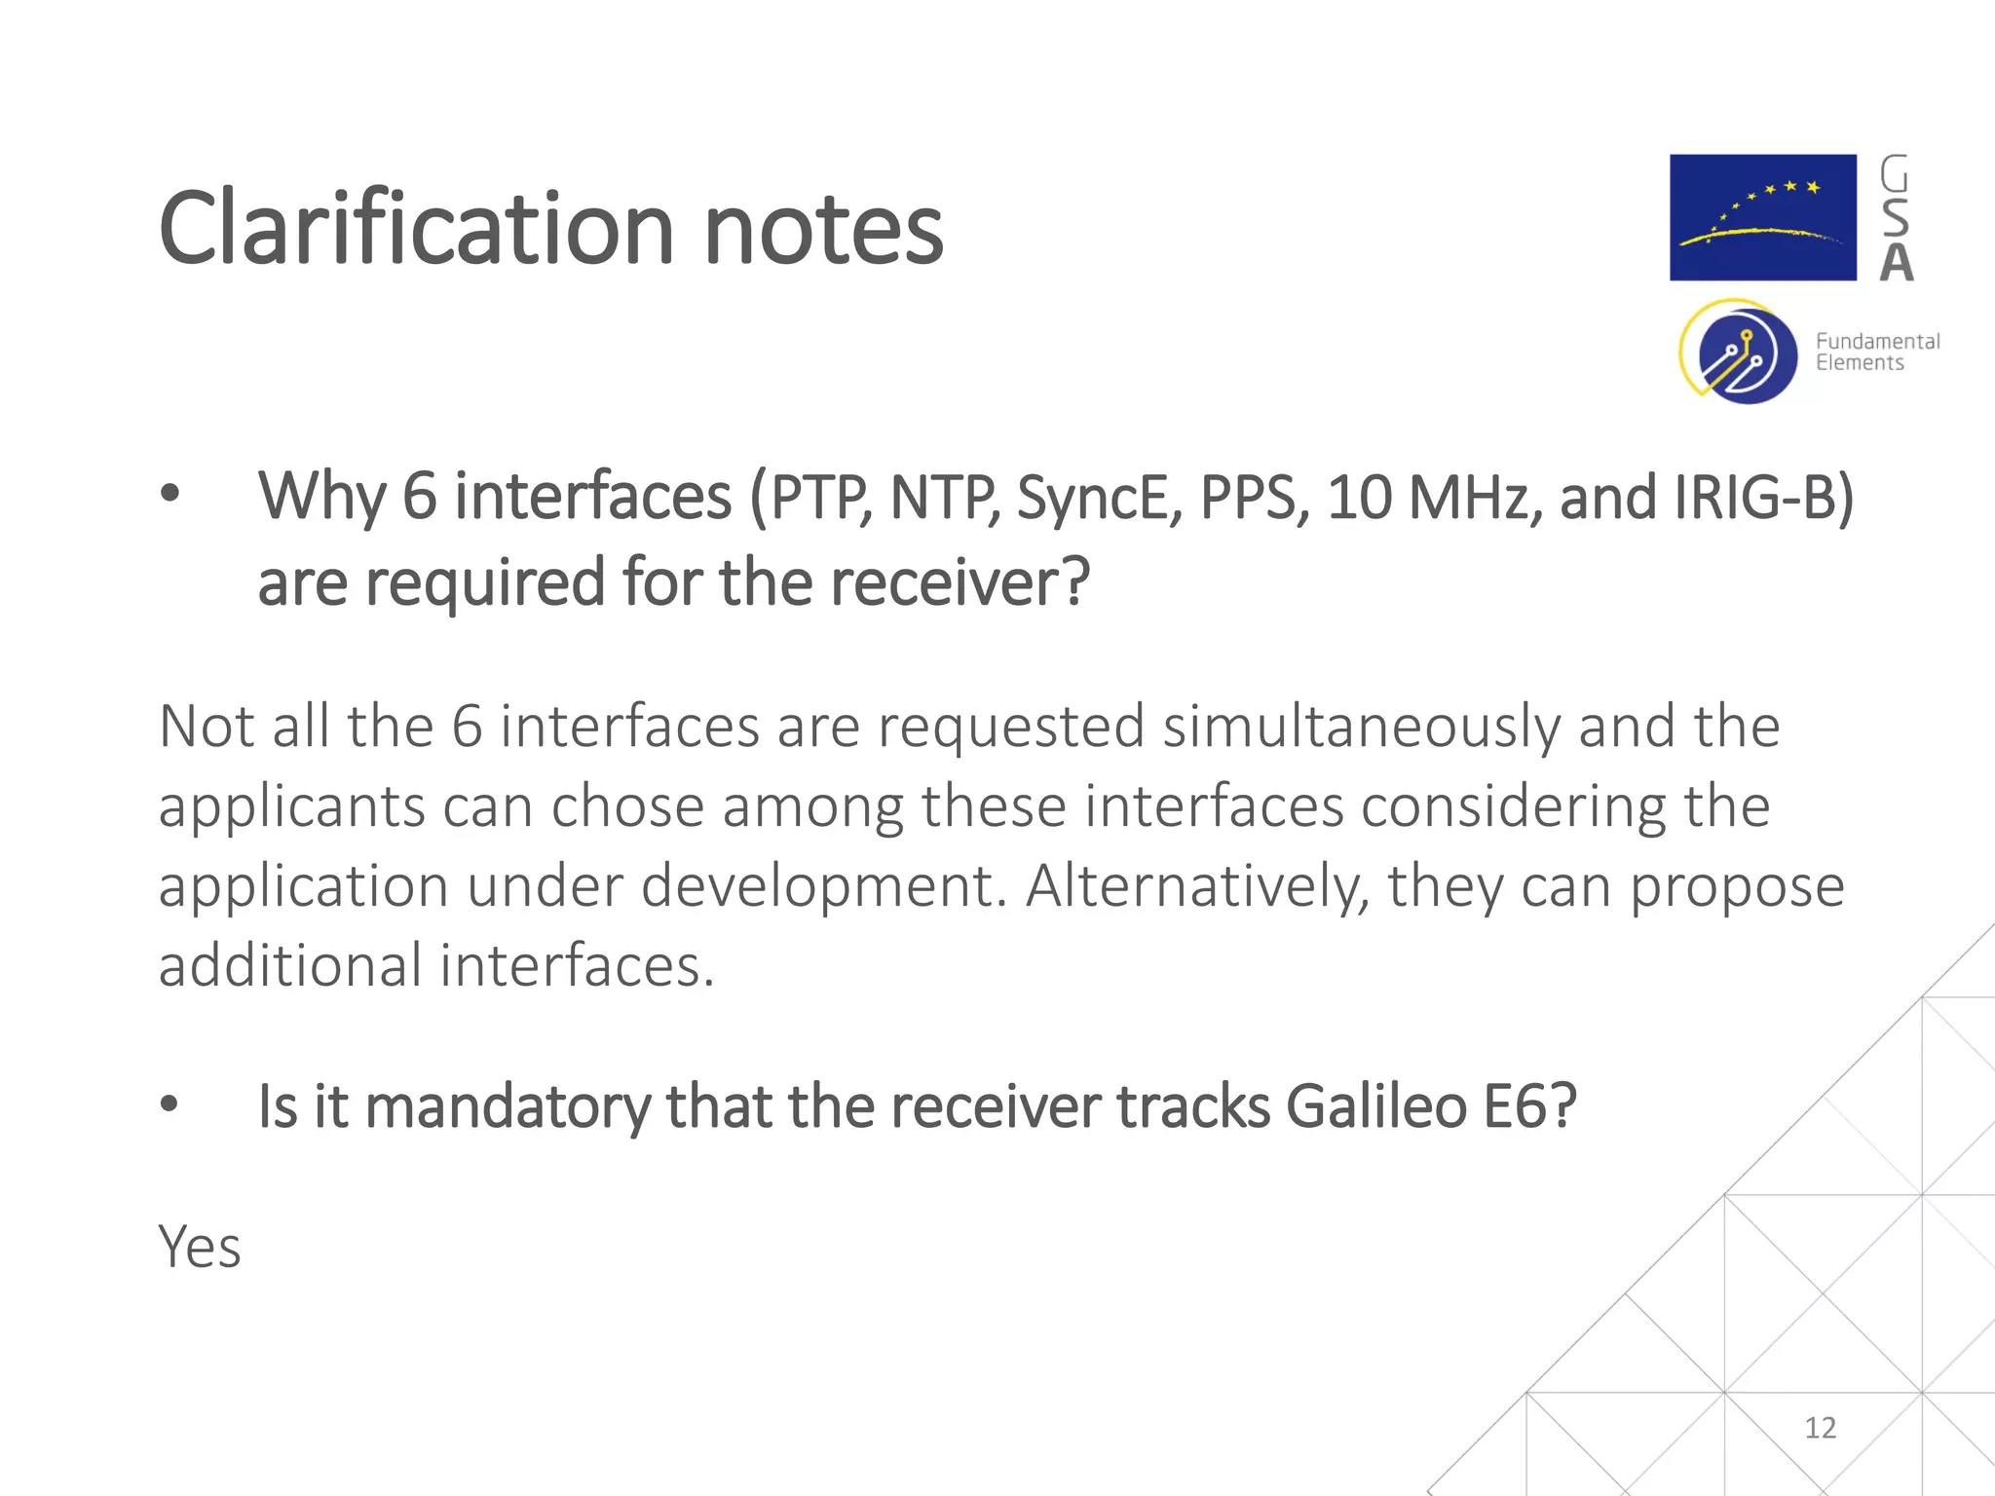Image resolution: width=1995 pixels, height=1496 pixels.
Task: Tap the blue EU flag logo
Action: click(1762, 217)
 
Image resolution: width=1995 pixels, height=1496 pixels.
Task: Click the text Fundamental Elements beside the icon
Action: click(1876, 352)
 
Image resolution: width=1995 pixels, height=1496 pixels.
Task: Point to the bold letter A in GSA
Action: click(1896, 263)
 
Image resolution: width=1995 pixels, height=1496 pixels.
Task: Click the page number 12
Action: click(1820, 1428)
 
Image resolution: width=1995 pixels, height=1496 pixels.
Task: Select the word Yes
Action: click(200, 1247)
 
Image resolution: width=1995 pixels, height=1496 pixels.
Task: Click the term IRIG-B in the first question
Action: click(1762, 498)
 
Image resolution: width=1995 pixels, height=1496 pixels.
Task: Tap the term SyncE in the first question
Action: click(1099, 498)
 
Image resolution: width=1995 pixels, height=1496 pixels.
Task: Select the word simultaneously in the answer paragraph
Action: click(1362, 727)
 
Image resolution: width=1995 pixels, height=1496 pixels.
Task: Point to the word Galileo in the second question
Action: click(1375, 1106)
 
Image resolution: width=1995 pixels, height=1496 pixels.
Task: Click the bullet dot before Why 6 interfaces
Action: click(170, 494)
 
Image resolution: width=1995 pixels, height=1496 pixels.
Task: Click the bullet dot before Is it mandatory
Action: click(169, 1103)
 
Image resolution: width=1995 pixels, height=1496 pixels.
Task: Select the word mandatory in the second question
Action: click(507, 1108)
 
